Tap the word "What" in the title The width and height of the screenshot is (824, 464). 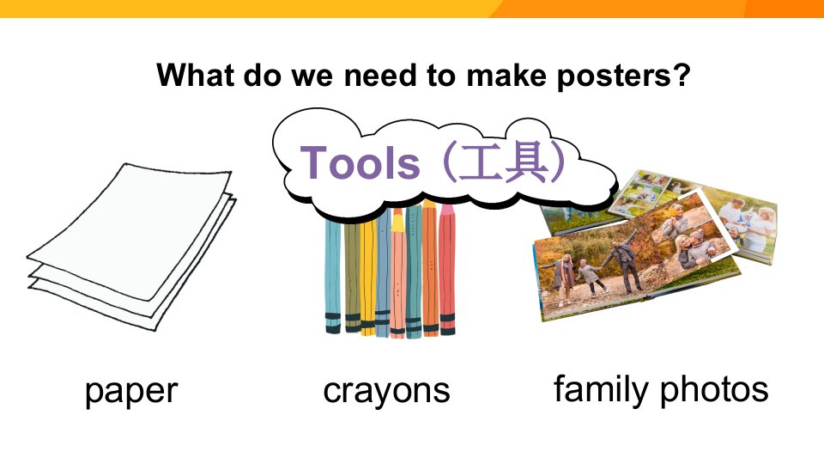coord(196,75)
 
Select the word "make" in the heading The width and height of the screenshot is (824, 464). coord(506,76)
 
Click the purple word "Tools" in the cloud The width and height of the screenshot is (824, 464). coord(360,162)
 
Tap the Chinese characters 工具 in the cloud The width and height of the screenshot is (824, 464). coord(504,162)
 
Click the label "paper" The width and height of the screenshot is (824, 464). coord(131,392)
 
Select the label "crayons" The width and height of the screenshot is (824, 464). coord(386,392)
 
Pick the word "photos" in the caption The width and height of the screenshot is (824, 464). coord(714,390)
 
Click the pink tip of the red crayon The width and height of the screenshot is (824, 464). coord(446,210)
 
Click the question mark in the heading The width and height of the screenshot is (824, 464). coord(682,76)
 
